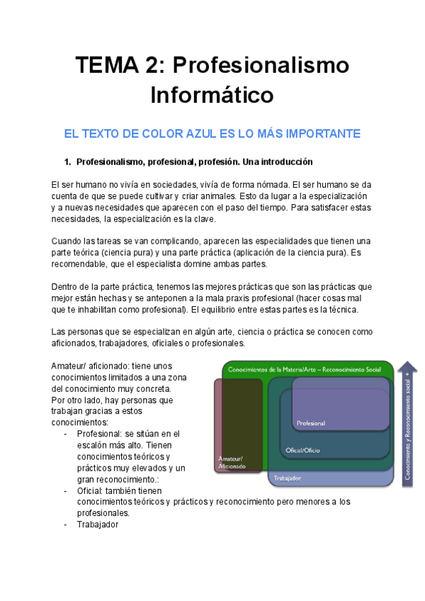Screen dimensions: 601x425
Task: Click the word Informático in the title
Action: tap(212, 94)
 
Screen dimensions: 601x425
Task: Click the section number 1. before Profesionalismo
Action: tap(69, 162)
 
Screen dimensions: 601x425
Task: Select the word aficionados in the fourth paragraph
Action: tap(76, 344)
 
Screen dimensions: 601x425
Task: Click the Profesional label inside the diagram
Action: tap(311, 423)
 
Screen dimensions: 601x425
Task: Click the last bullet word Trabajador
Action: tap(98, 524)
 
